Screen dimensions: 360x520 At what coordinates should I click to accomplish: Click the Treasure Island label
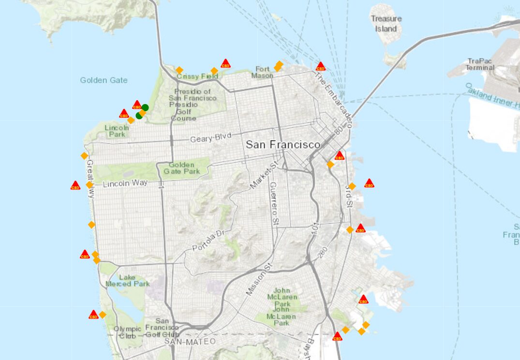(x=386, y=24)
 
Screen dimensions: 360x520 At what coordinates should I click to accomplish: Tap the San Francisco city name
(x=283, y=145)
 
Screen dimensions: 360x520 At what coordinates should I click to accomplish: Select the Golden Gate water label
(x=104, y=80)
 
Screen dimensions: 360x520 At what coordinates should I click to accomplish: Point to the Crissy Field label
(x=197, y=76)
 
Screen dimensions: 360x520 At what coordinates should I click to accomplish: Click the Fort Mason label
(x=263, y=72)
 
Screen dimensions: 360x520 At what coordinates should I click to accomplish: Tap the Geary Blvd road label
(x=210, y=138)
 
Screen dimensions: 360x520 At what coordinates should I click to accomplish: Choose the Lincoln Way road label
(x=125, y=183)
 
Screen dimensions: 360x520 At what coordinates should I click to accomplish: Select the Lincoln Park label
(x=117, y=131)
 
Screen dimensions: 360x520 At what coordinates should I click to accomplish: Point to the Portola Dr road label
(x=209, y=240)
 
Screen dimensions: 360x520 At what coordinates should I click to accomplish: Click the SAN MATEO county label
(x=182, y=342)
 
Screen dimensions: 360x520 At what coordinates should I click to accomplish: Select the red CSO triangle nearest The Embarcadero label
(x=320, y=66)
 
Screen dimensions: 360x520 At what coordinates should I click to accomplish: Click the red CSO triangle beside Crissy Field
(x=225, y=63)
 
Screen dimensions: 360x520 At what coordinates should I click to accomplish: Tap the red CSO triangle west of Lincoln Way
(x=75, y=185)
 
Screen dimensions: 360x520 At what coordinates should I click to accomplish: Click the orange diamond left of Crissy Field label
(x=179, y=70)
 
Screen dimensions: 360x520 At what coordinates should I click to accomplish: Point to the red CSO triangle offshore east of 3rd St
(x=369, y=183)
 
